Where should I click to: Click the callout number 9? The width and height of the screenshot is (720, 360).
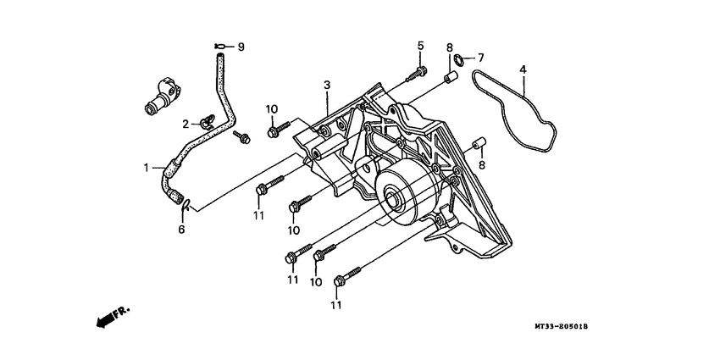pyautogui.click(x=241, y=47)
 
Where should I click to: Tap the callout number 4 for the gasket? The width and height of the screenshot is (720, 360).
pyautogui.click(x=523, y=69)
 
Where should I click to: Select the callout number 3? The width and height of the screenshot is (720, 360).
pyautogui.click(x=327, y=85)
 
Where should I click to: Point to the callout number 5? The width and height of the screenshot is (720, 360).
pyautogui.click(x=421, y=46)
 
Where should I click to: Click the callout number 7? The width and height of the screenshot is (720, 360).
pyautogui.click(x=481, y=58)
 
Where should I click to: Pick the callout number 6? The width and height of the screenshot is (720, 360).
pyautogui.click(x=181, y=230)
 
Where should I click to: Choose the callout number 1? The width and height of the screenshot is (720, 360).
pyautogui.click(x=147, y=168)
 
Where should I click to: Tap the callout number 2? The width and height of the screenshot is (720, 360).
pyautogui.click(x=186, y=124)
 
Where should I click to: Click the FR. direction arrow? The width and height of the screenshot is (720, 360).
pyautogui.click(x=114, y=316)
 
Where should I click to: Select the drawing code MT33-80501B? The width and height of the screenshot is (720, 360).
pyautogui.click(x=561, y=326)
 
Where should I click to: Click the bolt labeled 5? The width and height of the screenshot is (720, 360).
pyautogui.click(x=417, y=74)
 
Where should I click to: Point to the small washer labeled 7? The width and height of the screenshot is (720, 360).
pyautogui.click(x=457, y=59)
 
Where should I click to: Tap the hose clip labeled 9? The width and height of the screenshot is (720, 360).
pyautogui.click(x=219, y=46)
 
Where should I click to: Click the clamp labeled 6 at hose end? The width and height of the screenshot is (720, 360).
pyautogui.click(x=186, y=204)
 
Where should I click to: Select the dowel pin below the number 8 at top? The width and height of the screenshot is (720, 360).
pyautogui.click(x=450, y=77)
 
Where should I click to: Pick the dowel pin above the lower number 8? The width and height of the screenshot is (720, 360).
pyautogui.click(x=479, y=143)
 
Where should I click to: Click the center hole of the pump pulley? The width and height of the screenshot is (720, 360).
pyautogui.click(x=392, y=198)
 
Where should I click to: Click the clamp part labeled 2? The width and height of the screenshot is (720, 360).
pyautogui.click(x=207, y=121)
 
